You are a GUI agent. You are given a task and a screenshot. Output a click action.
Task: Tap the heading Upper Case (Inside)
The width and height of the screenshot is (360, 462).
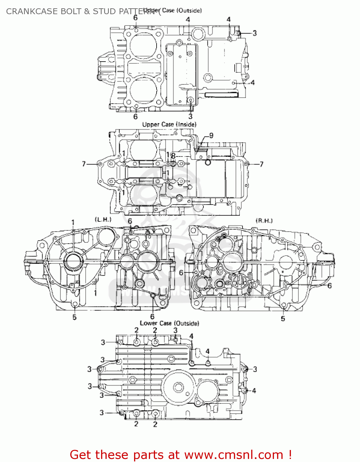pos(169,124)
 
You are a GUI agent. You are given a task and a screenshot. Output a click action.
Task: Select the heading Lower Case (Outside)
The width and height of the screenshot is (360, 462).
pos(169,323)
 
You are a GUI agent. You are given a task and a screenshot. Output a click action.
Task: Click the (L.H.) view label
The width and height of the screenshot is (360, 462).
pos(103,220)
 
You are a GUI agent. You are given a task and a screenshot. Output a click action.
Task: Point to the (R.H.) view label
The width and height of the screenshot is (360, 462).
pos(264,221)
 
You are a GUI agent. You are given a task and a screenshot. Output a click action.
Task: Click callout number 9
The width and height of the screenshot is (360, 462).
pos(211,136)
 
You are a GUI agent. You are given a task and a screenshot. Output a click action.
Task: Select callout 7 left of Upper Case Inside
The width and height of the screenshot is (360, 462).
pos(84,164)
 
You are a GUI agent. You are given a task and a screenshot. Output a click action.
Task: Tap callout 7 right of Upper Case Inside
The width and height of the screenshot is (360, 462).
pos(261,164)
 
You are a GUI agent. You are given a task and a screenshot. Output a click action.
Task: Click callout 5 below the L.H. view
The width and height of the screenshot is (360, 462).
pos(74,317)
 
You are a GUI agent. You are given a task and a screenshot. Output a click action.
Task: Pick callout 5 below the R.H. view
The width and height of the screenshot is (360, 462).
pos(283,318)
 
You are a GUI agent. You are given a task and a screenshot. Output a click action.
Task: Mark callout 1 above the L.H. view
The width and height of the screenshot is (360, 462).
pos(73,222)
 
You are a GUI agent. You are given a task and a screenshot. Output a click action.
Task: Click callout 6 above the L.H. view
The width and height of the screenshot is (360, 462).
pos(130,221)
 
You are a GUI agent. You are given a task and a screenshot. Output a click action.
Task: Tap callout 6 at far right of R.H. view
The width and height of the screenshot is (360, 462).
pos(329,286)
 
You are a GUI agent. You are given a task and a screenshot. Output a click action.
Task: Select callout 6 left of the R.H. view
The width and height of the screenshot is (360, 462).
pos(181,273)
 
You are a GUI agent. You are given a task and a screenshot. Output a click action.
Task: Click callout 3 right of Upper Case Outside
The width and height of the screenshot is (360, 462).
pos(255,33)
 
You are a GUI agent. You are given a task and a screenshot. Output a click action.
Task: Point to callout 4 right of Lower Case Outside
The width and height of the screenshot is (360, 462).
pos(254,391)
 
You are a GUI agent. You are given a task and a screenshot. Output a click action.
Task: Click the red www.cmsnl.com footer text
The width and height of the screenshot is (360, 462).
pos(181,455)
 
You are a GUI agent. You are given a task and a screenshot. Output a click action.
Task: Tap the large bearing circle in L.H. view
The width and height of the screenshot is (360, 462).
pos(73,262)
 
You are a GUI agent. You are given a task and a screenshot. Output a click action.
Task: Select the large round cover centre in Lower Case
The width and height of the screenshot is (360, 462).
pos(178,387)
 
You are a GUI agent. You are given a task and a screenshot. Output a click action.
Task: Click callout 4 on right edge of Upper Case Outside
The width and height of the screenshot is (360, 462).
pos(252,83)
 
